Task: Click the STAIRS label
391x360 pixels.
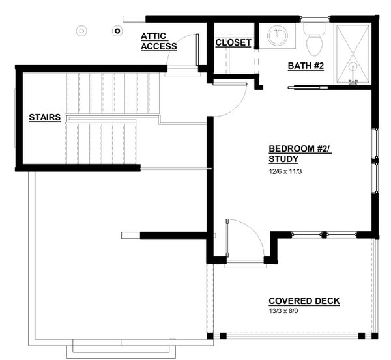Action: pyautogui.click(x=44, y=117)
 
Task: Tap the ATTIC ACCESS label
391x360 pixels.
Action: pyautogui.click(x=159, y=42)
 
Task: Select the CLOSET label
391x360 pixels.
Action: pyautogui.click(x=233, y=42)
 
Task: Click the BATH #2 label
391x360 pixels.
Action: pyautogui.click(x=306, y=66)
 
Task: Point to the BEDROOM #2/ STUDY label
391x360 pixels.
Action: pyautogui.click(x=300, y=154)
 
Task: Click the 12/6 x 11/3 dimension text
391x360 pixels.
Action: pyautogui.click(x=285, y=171)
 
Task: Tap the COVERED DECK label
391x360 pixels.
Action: pyautogui.click(x=304, y=301)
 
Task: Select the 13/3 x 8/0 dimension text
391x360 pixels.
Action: pyautogui.click(x=283, y=311)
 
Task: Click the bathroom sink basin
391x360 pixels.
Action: pyautogui.click(x=278, y=35)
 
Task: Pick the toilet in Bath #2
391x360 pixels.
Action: pyautogui.click(x=314, y=40)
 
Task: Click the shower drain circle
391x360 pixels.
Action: pyautogui.click(x=353, y=67)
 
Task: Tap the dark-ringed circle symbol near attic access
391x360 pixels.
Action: pyautogui.click(x=117, y=31)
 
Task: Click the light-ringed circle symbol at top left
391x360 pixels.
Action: pyautogui.click(x=81, y=31)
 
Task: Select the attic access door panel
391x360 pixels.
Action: pyautogui.click(x=197, y=50)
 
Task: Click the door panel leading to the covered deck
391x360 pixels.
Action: pyautogui.click(x=227, y=238)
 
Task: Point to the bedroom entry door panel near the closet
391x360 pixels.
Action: pyautogui.click(x=229, y=84)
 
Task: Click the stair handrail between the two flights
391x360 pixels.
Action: pyautogui.click(x=113, y=118)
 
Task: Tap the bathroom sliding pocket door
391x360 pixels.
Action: pyautogui.click(x=308, y=87)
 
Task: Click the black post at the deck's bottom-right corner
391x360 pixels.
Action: pyautogui.click(x=375, y=336)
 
